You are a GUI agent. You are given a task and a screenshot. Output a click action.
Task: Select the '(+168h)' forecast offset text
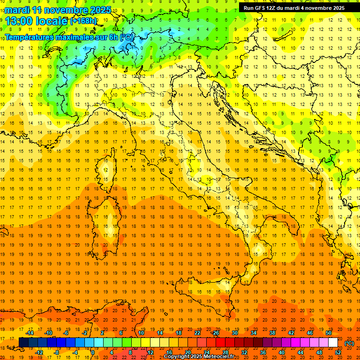point(83,21)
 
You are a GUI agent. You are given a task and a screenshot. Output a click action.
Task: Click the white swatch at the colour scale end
point(333,343)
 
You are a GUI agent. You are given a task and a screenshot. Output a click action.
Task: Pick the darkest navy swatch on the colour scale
point(23,343)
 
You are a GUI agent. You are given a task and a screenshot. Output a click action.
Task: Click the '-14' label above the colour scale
point(30,333)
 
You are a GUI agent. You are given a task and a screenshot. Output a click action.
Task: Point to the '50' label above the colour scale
point(328,333)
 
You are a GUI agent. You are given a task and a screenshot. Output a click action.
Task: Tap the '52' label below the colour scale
point(337,352)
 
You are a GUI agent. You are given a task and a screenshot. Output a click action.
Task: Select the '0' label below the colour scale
point(93,352)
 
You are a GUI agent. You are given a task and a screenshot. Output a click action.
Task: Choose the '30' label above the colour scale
point(235,333)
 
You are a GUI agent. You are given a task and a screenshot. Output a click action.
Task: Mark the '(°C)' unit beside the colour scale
point(349,343)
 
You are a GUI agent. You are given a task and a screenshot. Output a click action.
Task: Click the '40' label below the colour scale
point(282,352)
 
